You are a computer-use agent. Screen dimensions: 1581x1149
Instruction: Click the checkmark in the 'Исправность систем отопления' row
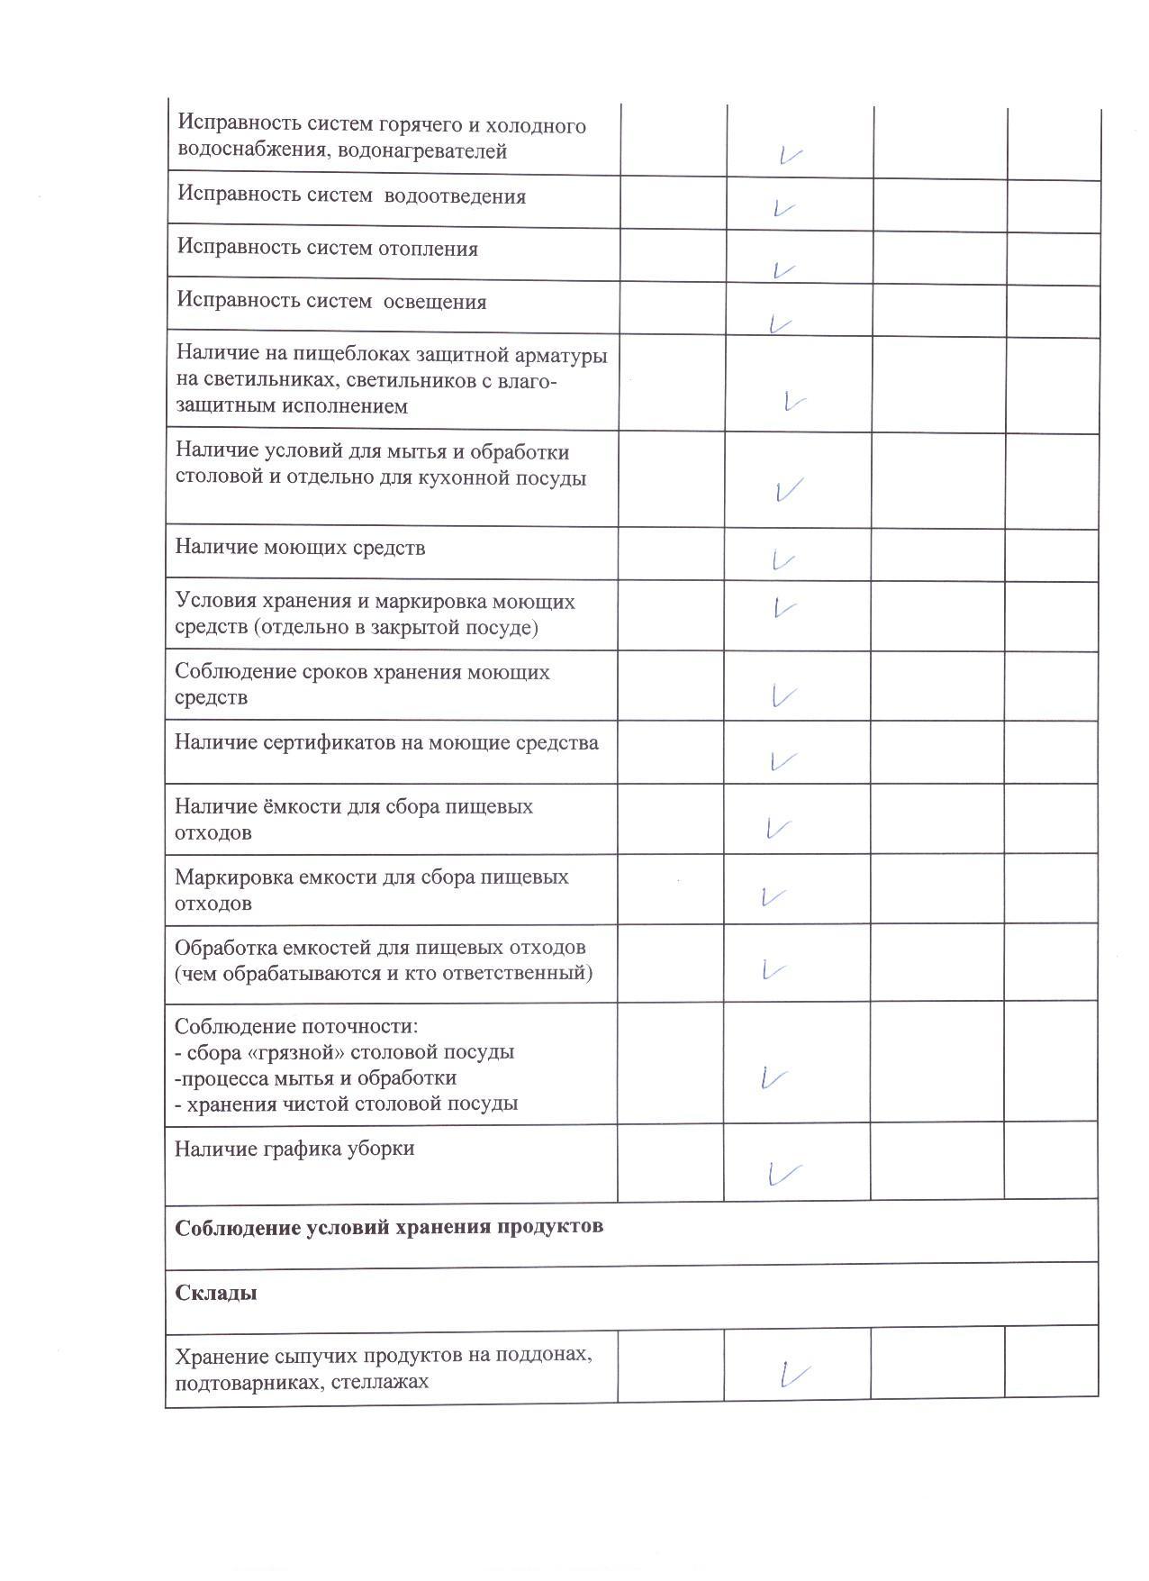coord(783,269)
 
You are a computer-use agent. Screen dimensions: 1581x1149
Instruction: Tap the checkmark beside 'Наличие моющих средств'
coord(783,560)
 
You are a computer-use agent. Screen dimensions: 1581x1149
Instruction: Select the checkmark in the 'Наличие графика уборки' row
coord(783,1173)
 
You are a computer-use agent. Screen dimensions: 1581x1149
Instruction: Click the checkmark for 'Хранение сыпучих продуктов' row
coord(794,1374)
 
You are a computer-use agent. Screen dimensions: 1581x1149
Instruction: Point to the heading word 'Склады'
coord(216,1293)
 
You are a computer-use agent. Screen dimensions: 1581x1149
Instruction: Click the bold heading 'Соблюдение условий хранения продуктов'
coord(388,1227)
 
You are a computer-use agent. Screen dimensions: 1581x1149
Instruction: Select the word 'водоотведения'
coord(455,196)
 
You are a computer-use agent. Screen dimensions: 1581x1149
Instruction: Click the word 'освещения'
coord(435,302)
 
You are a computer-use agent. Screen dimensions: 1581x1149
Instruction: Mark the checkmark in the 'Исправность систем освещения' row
coord(779,323)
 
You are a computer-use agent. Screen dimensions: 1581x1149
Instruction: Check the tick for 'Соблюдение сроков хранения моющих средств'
coord(783,695)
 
